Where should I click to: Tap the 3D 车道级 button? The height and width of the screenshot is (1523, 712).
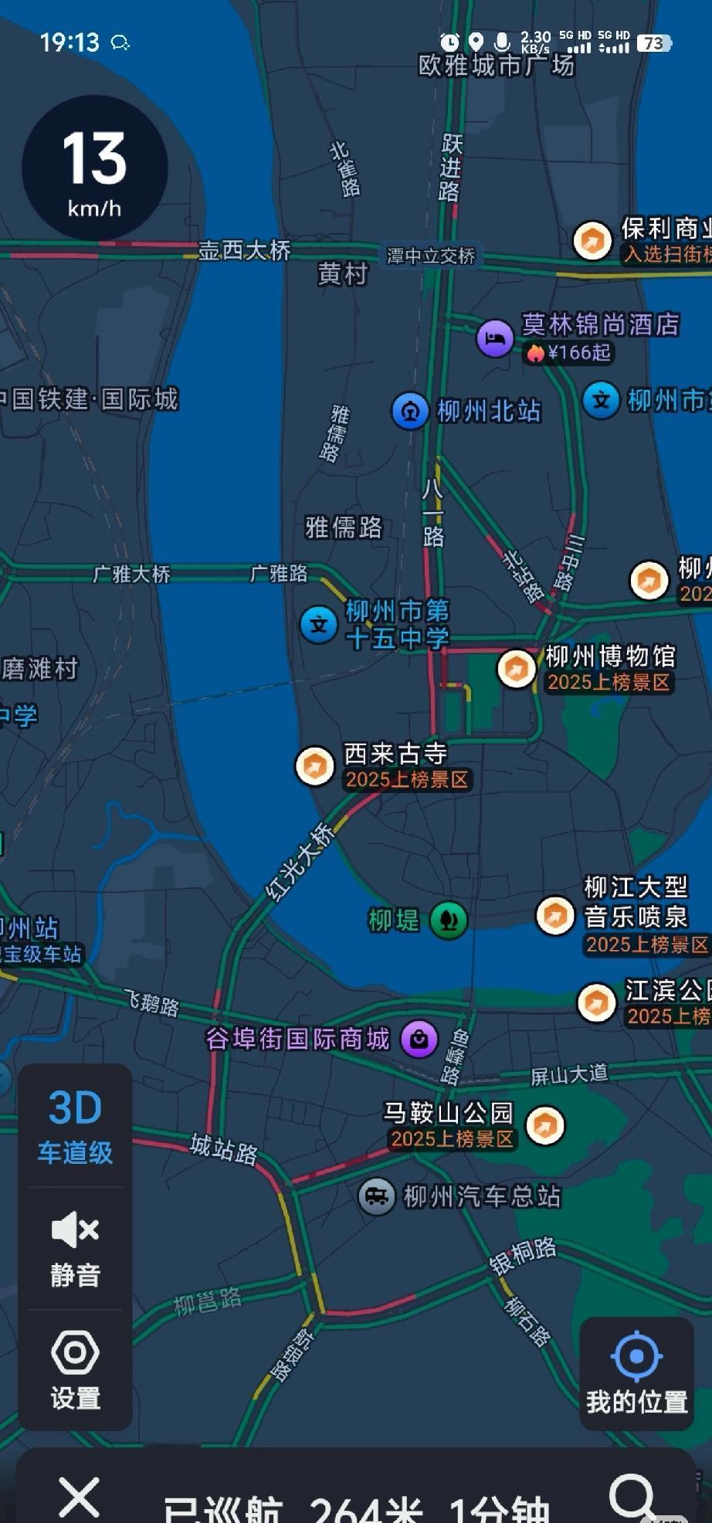click(75, 1127)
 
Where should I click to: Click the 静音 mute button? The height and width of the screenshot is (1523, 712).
click(75, 1248)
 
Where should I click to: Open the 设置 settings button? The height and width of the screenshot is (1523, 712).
click(75, 1369)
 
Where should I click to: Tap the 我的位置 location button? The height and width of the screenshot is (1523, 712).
click(636, 1372)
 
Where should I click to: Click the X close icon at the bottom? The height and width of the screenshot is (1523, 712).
click(80, 1497)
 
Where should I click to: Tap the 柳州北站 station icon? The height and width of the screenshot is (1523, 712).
click(410, 411)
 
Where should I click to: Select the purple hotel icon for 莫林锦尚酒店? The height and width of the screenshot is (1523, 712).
click(495, 338)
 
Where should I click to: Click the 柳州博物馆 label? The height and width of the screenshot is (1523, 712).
click(610, 656)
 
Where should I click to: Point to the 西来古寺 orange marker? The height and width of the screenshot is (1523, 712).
click(314, 766)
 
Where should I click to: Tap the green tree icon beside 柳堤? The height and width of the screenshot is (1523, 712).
click(449, 920)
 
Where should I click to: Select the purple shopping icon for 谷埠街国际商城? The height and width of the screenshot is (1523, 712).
click(419, 1039)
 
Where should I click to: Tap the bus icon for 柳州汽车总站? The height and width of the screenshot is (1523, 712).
click(377, 1197)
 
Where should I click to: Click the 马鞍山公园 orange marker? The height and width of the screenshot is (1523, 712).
click(545, 1125)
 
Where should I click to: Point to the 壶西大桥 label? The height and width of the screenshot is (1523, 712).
click(244, 250)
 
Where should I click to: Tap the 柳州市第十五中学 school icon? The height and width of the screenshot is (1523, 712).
click(319, 625)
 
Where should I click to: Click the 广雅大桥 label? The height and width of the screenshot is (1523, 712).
click(131, 574)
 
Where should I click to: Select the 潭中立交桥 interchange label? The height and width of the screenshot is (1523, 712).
click(431, 256)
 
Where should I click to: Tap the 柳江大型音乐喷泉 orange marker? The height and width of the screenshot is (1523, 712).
click(555, 916)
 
